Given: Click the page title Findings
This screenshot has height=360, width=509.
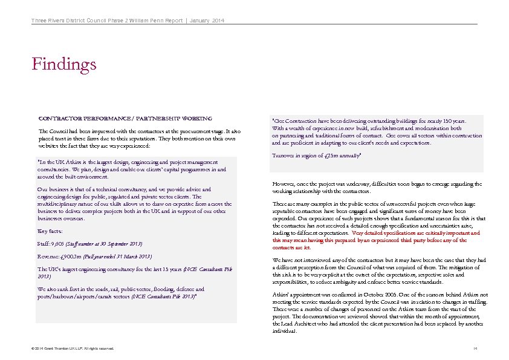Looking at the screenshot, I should [x=64, y=64].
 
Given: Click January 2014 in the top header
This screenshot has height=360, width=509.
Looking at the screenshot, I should [x=207, y=22].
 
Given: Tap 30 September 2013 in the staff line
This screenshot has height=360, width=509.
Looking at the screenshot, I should [x=120, y=243].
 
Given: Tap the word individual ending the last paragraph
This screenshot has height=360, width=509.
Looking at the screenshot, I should [x=285, y=331].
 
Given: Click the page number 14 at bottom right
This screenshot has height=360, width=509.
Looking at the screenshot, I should [x=475, y=349].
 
